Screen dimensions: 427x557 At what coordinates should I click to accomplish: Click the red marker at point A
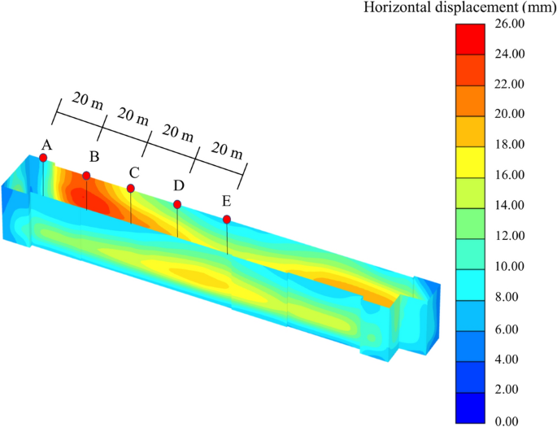[x=43, y=158]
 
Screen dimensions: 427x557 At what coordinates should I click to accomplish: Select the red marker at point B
[x=86, y=176]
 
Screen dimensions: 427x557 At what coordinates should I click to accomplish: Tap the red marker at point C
[x=130, y=189]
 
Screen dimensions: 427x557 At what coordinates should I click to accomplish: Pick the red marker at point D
[x=177, y=204]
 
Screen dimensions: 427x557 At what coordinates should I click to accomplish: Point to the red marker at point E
[x=227, y=220]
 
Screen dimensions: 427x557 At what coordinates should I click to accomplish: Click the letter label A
[x=46, y=144]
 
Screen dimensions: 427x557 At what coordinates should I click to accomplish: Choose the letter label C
[x=133, y=172]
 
